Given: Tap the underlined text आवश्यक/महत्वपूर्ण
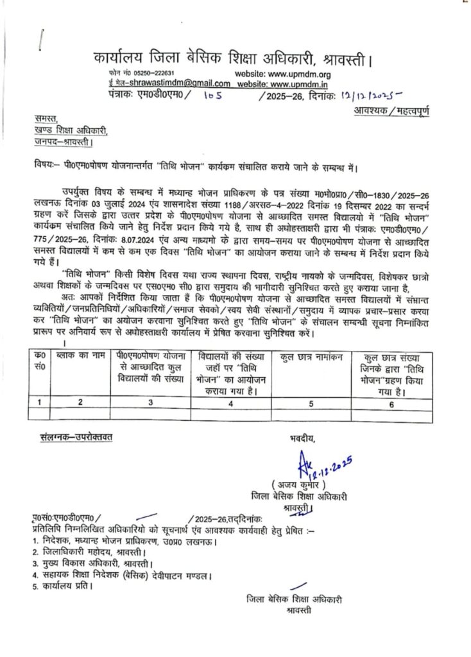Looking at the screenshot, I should pos(391,110).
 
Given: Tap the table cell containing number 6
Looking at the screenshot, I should pos(391,402).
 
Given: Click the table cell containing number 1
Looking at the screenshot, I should pos(40,402).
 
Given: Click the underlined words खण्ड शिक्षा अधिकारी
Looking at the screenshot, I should pos(71,132).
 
